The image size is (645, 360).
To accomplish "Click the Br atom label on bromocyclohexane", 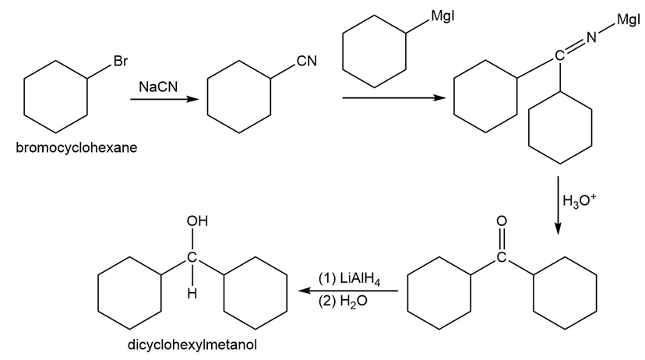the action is [x=121, y=62].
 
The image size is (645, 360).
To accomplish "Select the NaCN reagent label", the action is [x=158, y=86].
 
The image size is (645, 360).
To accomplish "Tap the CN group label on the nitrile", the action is [x=307, y=61].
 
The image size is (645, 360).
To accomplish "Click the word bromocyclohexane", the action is [x=76, y=146].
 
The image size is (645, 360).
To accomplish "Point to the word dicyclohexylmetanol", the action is [x=192, y=344].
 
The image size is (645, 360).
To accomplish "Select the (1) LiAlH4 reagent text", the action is [x=349, y=280].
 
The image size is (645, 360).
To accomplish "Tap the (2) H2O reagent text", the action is [x=343, y=301].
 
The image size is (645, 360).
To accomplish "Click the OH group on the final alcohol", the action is [x=197, y=221].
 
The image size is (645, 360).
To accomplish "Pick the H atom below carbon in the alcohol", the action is [x=192, y=294].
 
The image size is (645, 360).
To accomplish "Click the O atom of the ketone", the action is [x=502, y=221].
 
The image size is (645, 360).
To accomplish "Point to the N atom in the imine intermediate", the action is [x=591, y=38].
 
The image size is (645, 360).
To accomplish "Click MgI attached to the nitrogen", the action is [x=629, y=19].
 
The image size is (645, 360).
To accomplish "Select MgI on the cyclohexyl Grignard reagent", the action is [x=442, y=16].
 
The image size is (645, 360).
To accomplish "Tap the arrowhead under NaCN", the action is [x=192, y=99].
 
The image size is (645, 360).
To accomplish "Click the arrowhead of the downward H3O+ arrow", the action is [x=558, y=229].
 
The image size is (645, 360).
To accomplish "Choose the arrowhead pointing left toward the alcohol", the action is [x=304, y=291].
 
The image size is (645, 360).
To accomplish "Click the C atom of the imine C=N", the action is [x=559, y=55].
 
